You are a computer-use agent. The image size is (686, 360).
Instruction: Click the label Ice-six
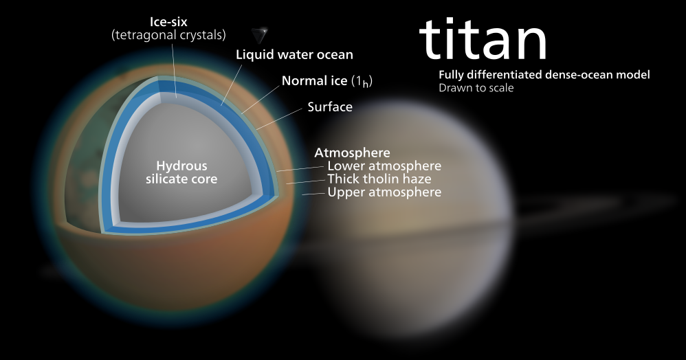[x=168, y=21]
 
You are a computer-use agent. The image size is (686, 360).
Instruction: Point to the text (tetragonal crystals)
[x=168, y=35]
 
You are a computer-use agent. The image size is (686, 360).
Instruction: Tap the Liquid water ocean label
[x=294, y=54]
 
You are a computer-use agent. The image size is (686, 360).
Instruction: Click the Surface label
[x=330, y=106]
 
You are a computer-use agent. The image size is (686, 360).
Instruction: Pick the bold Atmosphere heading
[x=352, y=153]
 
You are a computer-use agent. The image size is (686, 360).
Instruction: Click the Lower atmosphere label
[x=384, y=166]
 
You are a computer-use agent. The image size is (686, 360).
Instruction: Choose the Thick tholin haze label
[x=379, y=179]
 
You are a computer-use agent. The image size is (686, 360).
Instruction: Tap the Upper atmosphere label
[x=384, y=192]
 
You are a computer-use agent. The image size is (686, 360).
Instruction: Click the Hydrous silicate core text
[x=181, y=172]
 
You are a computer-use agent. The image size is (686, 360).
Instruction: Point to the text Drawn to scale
[x=476, y=87]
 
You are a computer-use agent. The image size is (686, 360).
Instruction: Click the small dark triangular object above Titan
[x=260, y=34]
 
